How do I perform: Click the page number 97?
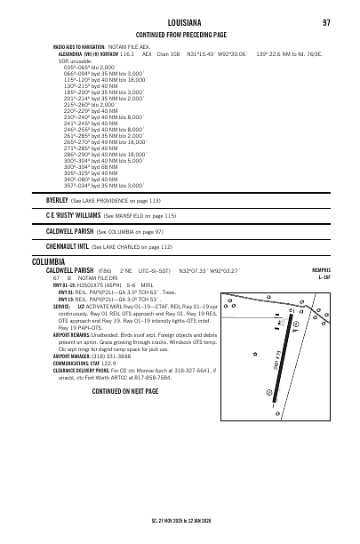click(x=324, y=20)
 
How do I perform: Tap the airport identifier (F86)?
click(x=104, y=271)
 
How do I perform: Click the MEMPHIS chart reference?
click(x=316, y=271)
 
